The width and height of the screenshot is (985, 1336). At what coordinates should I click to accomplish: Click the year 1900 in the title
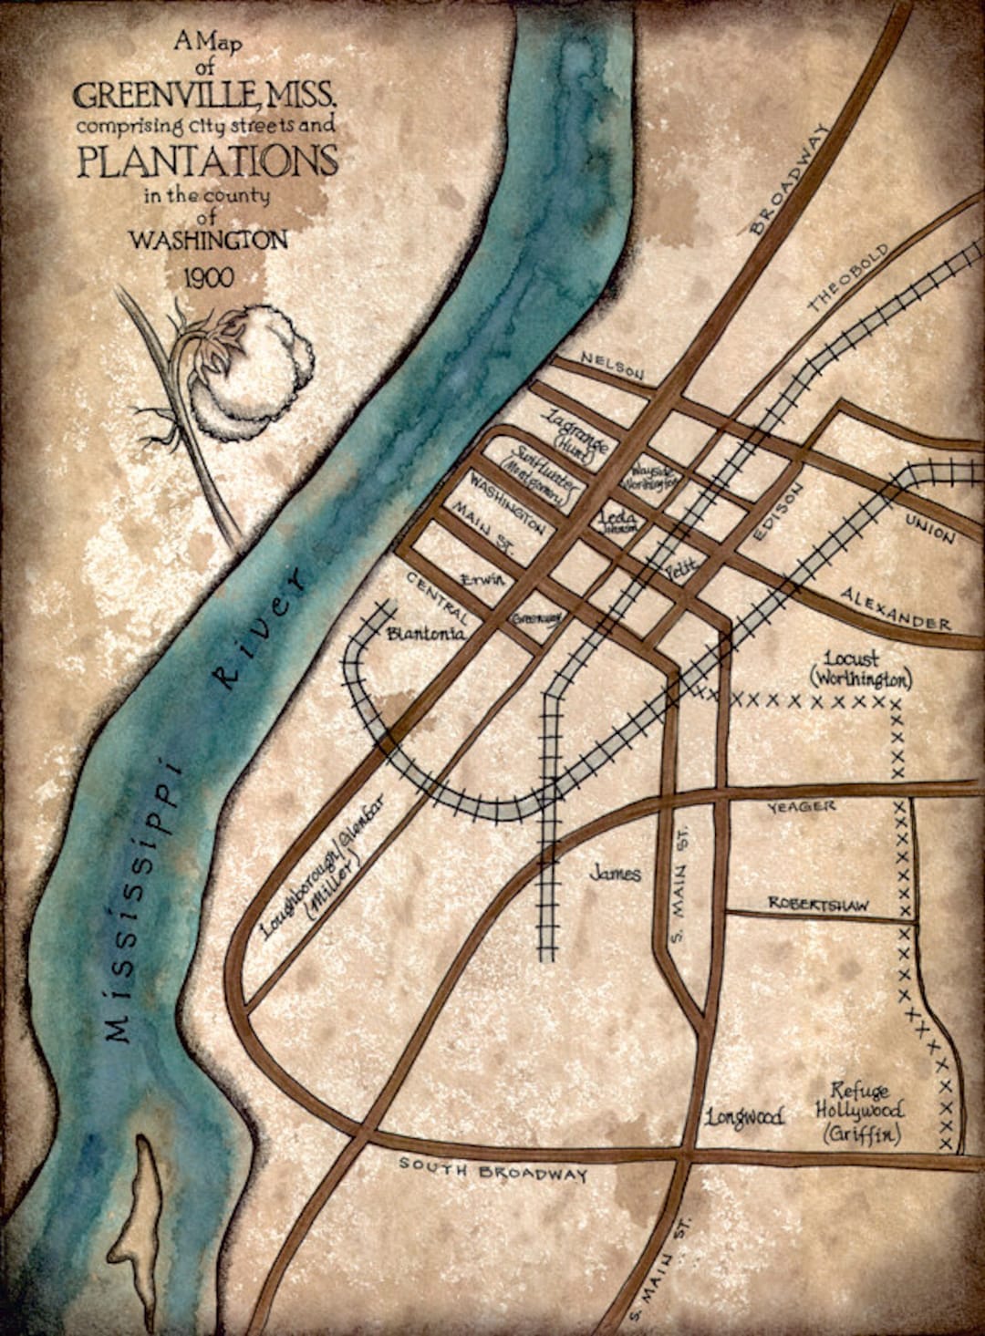click(x=206, y=277)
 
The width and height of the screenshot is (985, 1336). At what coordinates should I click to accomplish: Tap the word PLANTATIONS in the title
click(x=207, y=161)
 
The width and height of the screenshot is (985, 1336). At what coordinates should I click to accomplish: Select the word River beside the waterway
click(x=259, y=628)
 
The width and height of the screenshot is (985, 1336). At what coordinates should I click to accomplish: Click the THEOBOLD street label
click(x=847, y=279)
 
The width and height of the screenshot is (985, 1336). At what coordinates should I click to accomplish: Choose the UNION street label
click(x=929, y=528)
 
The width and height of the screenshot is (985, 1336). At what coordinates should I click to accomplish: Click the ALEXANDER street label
click(x=897, y=609)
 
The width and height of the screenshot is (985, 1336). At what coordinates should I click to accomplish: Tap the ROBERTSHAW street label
click(x=817, y=904)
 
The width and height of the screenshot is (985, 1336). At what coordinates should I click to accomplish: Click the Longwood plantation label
click(x=745, y=1116)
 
